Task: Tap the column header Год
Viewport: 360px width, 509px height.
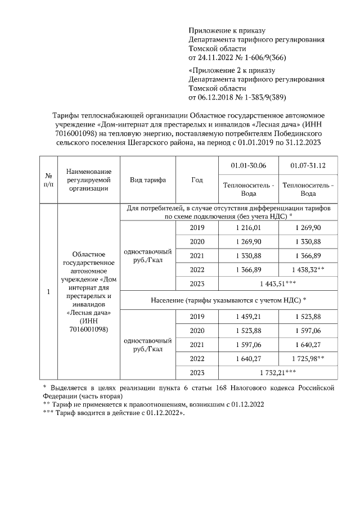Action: coord(197,180)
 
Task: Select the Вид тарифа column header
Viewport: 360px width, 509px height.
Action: coord(147,180)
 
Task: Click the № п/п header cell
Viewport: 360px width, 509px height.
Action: coord(48,180)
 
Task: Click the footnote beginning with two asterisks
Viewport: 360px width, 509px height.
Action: coord(153,404)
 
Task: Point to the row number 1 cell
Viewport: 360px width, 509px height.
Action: coord(48,292)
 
